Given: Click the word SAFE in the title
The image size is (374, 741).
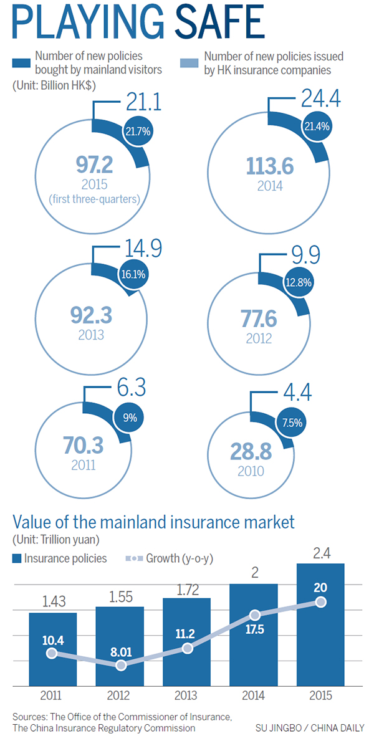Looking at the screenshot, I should click(213, 23).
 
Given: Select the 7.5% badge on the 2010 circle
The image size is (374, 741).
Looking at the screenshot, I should click(292, 422).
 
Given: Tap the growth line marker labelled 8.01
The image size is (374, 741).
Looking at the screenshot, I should click(122, 666).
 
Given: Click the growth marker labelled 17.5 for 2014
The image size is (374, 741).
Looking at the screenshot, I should click(255, 614).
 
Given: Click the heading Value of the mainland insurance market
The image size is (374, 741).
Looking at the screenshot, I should click(153, 521).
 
